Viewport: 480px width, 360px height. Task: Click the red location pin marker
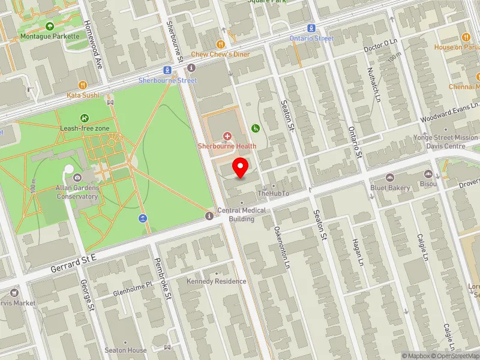(x=241, y=167)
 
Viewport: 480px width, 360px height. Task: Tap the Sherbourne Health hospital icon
(x=227, y=137)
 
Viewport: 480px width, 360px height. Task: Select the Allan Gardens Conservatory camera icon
(x=77, y=177)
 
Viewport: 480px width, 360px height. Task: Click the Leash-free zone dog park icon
(x=84, y=118)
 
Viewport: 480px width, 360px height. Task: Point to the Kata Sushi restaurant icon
(x=83, y=85)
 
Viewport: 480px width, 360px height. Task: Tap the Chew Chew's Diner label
(x=226, y=55)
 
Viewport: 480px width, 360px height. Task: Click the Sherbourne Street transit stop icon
(x=169, y=70)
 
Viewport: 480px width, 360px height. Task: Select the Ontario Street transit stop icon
(x=311, y=28)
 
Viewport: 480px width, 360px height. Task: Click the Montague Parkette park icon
(x=50, y=26)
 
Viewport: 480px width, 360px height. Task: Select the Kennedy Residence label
(x=216, y=281)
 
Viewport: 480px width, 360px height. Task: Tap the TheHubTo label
(x=273, y=194)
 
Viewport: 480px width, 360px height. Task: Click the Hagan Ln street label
(x=358, y=251)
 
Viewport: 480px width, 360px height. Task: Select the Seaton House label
(x=125, y=350)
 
